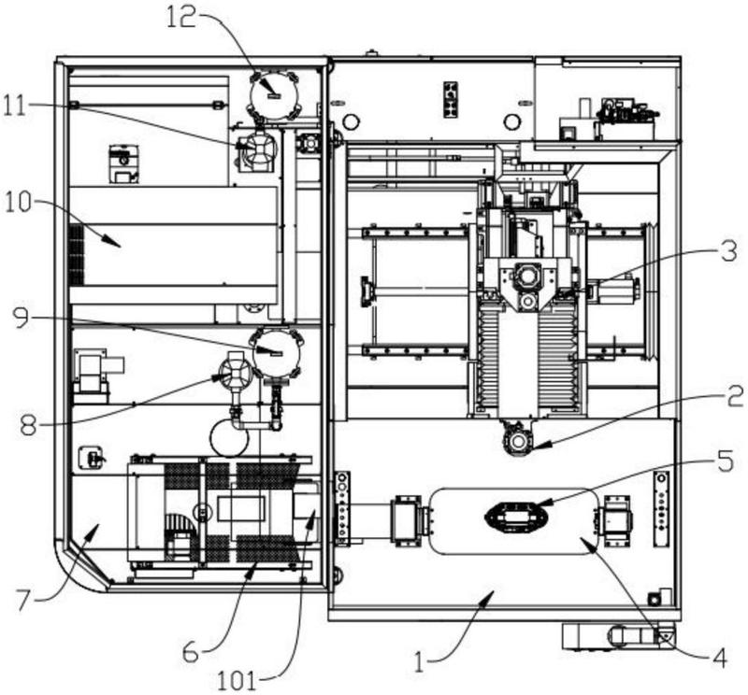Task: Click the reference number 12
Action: tap(181, 18)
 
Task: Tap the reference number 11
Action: tap(15, 106)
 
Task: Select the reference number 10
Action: tap(18, 204)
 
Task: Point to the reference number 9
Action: tap(21, 318)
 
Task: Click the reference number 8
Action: tap(28, 425)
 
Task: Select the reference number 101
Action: tap(237, 681)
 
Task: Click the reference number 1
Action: tap(419, 662)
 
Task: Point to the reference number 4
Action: tap(719, 659)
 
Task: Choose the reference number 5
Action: tap(726, 461)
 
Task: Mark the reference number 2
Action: tap(736, 397)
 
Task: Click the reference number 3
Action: tap(729, 251)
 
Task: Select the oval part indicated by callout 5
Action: tap(516, 517)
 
